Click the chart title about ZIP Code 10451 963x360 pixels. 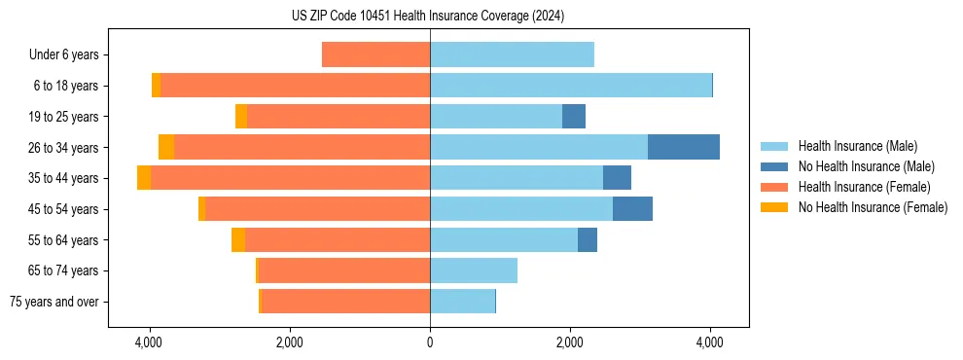(428, 16)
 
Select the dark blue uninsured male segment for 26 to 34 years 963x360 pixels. (683, 147)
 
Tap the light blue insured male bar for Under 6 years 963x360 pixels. (512, 54)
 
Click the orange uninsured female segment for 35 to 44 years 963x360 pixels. (144, 178)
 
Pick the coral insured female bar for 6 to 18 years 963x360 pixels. (295, 86)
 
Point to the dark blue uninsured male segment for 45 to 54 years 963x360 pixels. (632, 209)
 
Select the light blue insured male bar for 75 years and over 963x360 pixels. (462, 302)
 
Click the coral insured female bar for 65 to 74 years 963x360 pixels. (344, 270)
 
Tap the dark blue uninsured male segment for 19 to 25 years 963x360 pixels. (574, 117)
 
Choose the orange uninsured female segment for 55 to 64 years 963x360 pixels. (238, 239)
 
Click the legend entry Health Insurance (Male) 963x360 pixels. (856, 146)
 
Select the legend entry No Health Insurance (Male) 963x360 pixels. (866, 166)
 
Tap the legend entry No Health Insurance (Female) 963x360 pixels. (873, 207)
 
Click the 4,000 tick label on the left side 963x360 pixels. (150, 342)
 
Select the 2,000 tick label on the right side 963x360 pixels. (570, 342)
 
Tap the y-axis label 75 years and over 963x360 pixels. (53, 302)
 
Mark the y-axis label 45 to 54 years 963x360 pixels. (64, 209)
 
